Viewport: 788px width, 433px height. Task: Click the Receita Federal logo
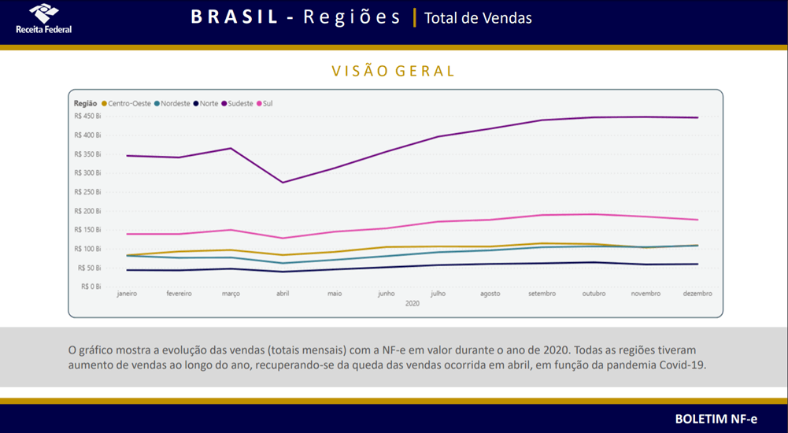pos(43,19)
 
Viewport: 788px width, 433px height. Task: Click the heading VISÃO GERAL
pos(394,71)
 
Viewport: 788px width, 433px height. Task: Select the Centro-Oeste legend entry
pos(126,103)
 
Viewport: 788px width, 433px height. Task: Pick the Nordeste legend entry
pos(172,103)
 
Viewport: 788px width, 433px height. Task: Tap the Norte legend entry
pos(206,103)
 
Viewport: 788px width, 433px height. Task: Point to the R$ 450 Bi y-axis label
pos(87,116)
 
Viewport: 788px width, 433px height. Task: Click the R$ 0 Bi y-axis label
pos(91,287)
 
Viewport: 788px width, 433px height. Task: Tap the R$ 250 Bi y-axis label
pos(87,191)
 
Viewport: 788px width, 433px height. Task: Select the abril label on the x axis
pos(283,294)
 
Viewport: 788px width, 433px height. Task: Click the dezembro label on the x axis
pos(697,294)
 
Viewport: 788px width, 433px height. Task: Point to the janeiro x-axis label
pos(127,294)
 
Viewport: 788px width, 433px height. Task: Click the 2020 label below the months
pos(411,303)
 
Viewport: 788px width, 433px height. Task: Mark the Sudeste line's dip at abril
pos(283,183)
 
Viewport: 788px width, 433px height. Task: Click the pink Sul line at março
pos(231,230)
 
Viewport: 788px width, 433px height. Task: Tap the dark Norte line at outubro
pos(594,262)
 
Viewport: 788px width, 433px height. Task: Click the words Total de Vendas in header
pos(478,18)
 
